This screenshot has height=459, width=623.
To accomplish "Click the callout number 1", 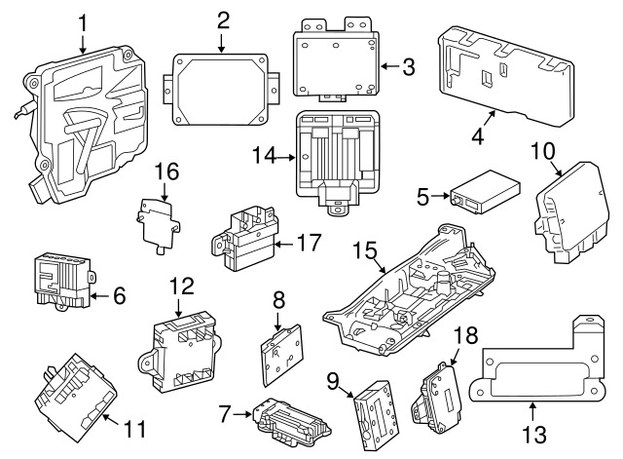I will (83, 21).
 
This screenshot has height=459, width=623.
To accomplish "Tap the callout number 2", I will (223, 19).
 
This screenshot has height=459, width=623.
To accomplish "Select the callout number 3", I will (408, 66).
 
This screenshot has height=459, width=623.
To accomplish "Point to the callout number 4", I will (477, 135).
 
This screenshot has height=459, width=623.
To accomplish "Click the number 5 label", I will (422, 198).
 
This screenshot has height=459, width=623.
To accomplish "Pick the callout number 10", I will (543, 150).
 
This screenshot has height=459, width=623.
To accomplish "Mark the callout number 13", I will (532, 431).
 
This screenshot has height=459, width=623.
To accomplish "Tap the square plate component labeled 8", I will (280, 349).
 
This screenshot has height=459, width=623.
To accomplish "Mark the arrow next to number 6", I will (97, 293).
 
